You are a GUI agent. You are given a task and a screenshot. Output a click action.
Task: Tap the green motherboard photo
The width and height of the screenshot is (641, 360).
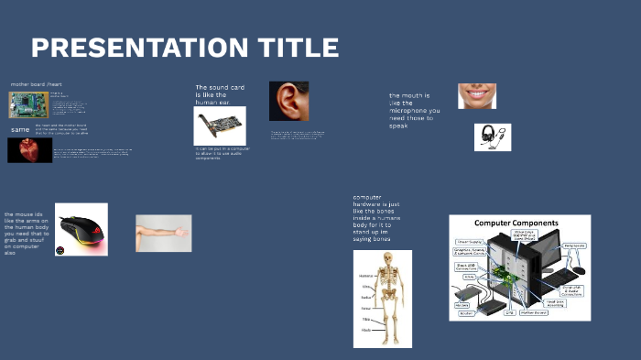[28, 104]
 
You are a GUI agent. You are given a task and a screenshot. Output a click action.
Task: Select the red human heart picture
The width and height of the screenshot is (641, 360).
[29, 149]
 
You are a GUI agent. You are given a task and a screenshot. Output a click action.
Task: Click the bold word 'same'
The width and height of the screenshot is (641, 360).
[20, 130]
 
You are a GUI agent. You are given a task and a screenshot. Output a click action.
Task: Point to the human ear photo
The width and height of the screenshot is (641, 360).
[288, 101]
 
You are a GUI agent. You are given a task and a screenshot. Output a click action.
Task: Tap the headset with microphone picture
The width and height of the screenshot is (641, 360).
[493, 136]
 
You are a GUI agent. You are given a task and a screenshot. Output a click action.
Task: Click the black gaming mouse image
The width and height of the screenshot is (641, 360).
[81, 229]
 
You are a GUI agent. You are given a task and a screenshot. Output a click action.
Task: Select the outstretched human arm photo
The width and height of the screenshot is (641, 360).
[163, 233]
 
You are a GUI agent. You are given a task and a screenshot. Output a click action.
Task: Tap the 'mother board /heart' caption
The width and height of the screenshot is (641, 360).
[36, 84]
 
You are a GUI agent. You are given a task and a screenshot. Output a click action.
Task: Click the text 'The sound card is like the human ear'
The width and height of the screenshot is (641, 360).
[220, 95]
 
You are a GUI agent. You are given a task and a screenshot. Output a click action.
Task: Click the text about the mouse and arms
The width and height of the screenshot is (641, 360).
[27, 233]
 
